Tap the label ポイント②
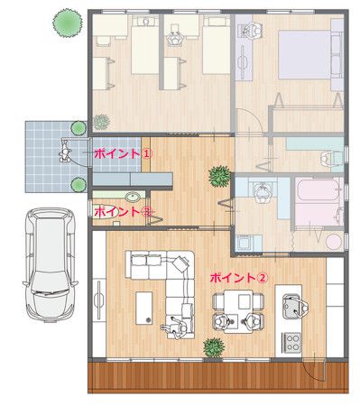[237, 278]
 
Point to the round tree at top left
[67, 18]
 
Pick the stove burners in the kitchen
[292, 342]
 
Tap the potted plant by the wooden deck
[213, 346]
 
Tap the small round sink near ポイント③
[134, 197]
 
